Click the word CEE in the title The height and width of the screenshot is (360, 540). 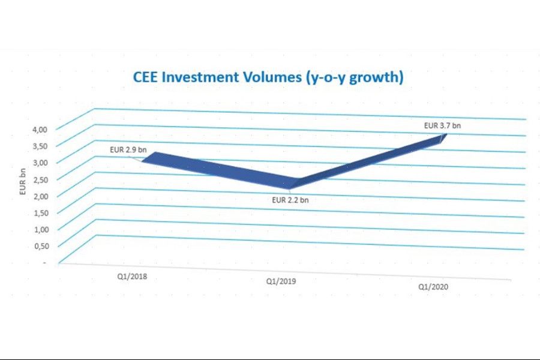tap(145, 78)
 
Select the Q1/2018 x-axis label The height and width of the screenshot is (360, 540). tap(132, 277)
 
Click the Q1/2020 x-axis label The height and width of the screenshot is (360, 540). tap(433, 287)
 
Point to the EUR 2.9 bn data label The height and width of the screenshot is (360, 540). tap(128, 148)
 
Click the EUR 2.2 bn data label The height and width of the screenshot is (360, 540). tap(290, 200)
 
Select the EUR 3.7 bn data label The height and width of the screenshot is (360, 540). tap(442, 126)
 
